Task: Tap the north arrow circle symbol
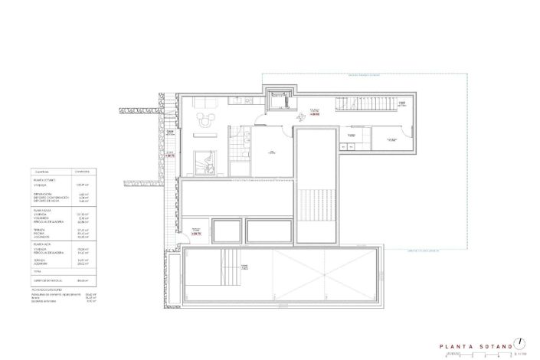[519, 342]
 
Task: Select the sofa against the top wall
[203, 103]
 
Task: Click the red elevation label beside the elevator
[314, 114]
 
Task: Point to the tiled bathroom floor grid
[244, 140]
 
